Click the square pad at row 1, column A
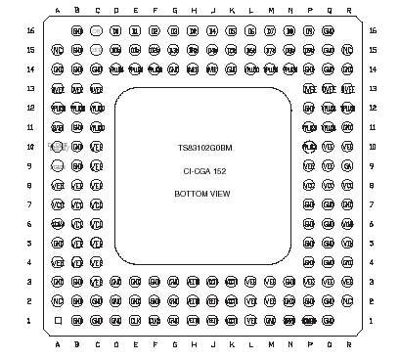pyautogui.click(x=58, y=320)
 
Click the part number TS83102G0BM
pyautogui.click(x=204, y=149)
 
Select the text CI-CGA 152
pyautogui.click(x=204, y=171)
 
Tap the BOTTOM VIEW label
pyautogui.click(x=202, y=194)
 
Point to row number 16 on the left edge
pyautogui.click(x=30, y=30)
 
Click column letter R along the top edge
pyautogui.click(x=348, y=11)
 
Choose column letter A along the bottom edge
pyautogui.click(x=58, y=344)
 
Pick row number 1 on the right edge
pyautogui.click(x=371, y=320)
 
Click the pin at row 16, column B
pyautogui.click(x=77, y=31)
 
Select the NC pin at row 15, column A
pyautogui.click(x=58, y=50)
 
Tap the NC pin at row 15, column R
pyautogui.click(x=347, y=50)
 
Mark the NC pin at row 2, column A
pyautogui.click(x=58, y=301)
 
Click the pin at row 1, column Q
pyautogui.click(x=328, y=320)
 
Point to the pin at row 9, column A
pyautogui.click(x=58, y=166)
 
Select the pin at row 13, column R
pyautogui.click(x=347, y=89)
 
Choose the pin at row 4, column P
pyautogui.click(x=309, y=262)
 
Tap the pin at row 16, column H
pyautogui.click(x=193, y=31)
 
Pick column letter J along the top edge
pyautogui.click(x=212, y=11)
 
